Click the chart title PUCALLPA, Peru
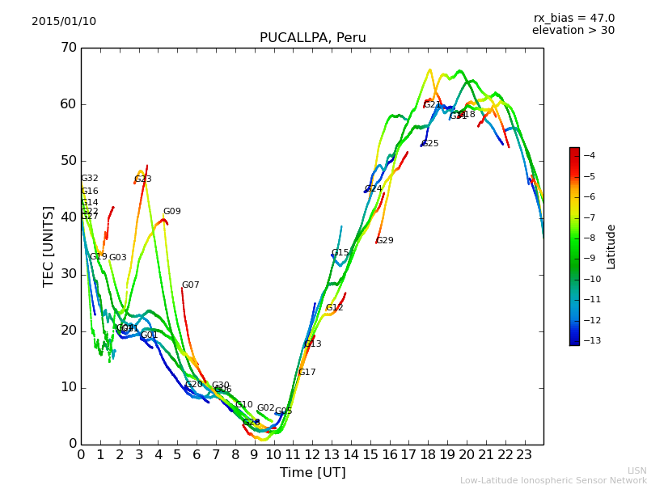tap(312, 38)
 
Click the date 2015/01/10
tap(64, 21)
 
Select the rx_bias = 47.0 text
tap(573, 18)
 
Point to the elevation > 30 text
tap(573, 31)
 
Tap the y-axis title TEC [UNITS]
tap(48, 246)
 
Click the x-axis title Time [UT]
tap(312, 473)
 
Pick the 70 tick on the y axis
tap(68, 48)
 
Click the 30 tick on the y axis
tap(68, 274)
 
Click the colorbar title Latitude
tap(611, 247)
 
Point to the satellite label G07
tap(190, 285)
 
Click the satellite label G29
tap(385, 241)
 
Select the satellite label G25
tap(430, 144)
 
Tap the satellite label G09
tap(172, 212)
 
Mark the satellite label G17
tap(307, 373)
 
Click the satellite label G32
tap(90, 179)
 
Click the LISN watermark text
tap(636, 470)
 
